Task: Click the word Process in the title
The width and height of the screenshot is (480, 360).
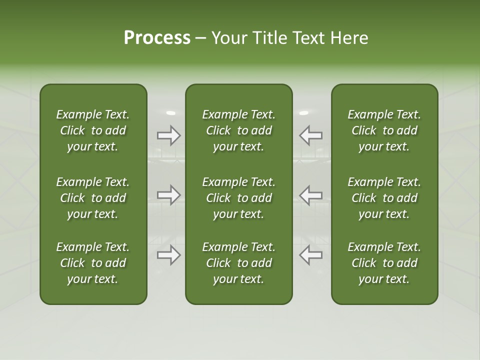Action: point(157,38)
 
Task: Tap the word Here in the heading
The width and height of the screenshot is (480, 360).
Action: point(349,38)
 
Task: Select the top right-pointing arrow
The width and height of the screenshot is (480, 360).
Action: point(168,135)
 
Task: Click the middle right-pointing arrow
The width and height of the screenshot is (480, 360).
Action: point(168,194)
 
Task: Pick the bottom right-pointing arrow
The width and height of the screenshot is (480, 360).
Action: point(168,255)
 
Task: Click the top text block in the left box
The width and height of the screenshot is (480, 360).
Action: point(93,130)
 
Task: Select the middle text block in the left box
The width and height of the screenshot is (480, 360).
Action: point(93,198)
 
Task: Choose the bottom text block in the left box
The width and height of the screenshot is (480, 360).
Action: point(93,263)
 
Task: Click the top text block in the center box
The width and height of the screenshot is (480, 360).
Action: point(238,130)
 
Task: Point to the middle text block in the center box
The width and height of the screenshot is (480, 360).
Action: point(238,198)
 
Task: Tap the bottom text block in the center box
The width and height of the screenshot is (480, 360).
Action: point(238,263)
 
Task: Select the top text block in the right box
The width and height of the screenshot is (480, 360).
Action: point(384,130)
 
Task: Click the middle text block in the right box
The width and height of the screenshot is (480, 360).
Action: point(384,198)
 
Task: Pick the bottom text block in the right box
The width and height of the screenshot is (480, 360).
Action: point(384,263)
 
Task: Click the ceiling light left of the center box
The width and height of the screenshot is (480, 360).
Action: point(171,113)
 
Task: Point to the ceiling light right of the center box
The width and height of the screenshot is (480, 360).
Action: point(303,113)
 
